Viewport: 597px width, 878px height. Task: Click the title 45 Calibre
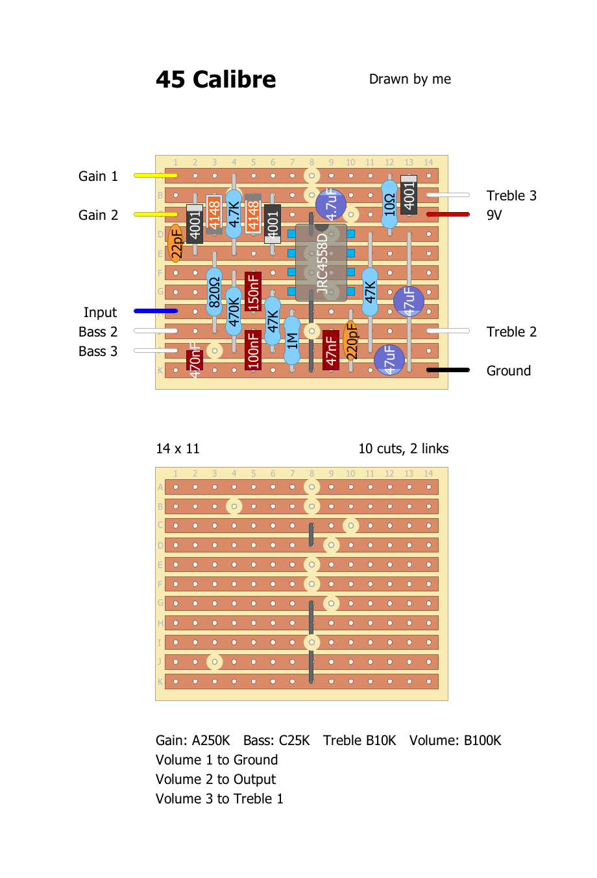[x=215, y=80]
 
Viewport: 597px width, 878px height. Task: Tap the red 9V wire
[x=448, y=214]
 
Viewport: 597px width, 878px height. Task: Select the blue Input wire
[x=156, y=311]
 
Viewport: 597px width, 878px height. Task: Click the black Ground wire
[x=448, y=370]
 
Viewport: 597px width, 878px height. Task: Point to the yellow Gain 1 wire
[x=156, y=175]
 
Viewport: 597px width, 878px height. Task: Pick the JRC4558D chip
[x=321, y=263]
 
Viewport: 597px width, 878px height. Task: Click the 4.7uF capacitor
[x=331, y=204]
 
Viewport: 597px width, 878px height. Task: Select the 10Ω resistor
[x=389, y=204]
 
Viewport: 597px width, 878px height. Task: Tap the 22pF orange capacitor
[x=175, y=243]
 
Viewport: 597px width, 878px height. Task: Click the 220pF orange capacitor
[x=350, y=340]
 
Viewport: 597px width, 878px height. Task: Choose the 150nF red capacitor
[x=253, y=291]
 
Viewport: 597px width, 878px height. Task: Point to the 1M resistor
[x=292, y=340]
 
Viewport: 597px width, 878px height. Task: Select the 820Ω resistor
[x=214, y=292]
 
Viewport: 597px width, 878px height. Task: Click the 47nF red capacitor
[x=331, y=350]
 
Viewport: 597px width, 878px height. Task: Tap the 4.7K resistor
[x=234, y=214]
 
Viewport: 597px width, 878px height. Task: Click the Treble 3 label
[x=511, y=196]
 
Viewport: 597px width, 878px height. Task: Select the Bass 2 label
[x=98, y=332]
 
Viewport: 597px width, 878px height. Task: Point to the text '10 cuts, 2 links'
[x=403, y=449]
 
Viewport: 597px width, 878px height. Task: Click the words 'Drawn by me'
[x=409, y=79]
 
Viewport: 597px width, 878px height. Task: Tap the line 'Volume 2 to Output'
[x=215, y=779]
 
